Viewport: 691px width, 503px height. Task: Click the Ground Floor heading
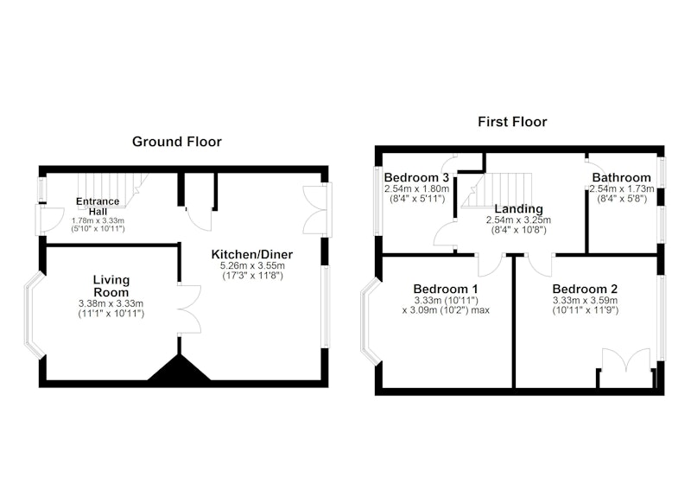pyautogui.click(x=177, y=142)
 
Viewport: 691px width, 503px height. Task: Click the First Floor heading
pyautogui.click(x=512, y=122)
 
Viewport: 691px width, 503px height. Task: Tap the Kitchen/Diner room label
pyautogui.click(x=252, y=254)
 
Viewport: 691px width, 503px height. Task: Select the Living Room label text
pyautogui.click(x=111, y=286)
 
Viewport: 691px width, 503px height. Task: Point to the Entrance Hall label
pyautogui.click(x=98, y=207)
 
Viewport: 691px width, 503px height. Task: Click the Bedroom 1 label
pyautogui.click(x=446, y=290)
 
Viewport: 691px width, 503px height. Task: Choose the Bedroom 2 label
pyautogui.click(x=585, y=290)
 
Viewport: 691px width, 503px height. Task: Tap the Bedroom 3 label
pyautogui.click(x=416, y=178)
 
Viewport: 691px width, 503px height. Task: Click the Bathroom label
pyautogui.click(x=621, y=178)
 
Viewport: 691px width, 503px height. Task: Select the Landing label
pyautogui.click(x=518, y=209)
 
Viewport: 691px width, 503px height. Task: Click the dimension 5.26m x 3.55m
pyautogui.click(x=252, y=266)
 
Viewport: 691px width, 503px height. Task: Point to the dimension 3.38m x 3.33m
pyautogui.click(x=111, y=303)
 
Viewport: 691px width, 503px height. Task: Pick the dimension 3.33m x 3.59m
pyautogui.click(x=585, y=301)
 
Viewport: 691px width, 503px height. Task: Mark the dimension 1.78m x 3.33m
pyautogui.click(x=98, y=220)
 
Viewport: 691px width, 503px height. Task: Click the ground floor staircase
pyautogui.click(x=112, y=189)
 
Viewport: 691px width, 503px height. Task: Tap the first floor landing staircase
pyautogui.click(x=497, y=189)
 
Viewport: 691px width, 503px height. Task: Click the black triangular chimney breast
pyautogui.click(x=179, y=367)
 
